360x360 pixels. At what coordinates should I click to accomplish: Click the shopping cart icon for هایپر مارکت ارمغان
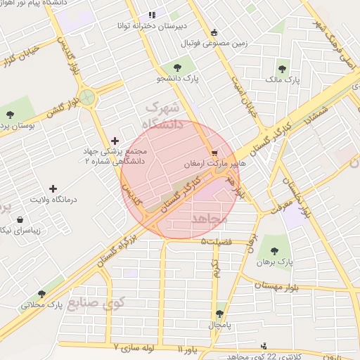click(x=214, y=152)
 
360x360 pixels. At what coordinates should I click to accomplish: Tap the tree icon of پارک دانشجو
click(x=173, y=68)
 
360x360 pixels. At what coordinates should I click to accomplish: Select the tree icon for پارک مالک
click(x=282, y=69)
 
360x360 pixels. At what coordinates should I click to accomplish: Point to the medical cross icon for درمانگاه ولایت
click(x=53, y=188)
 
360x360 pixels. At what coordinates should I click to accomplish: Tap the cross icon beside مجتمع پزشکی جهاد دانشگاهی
click(x=115, y=141)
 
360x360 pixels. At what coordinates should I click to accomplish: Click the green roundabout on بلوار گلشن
click(x=86, y=97)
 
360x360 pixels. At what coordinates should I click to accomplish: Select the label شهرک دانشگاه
click(x=163, y=116)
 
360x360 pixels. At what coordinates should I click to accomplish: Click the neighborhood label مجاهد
click(x=210, y=219)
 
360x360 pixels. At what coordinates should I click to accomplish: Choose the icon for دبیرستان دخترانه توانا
click(x=150, y=15)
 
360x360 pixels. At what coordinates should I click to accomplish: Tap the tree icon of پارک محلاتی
click(x=41, y=295)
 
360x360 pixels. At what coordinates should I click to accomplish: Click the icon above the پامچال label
click(x=219, y=314)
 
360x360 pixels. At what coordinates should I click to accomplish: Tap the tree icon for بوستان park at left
click(x=9, y=113)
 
